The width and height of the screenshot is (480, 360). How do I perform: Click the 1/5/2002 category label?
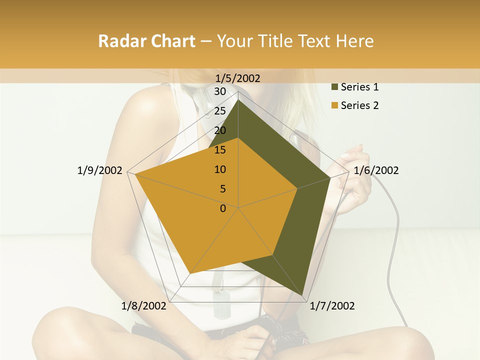pyautogui.click(x=238, y=78)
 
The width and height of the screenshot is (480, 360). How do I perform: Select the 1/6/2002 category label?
pyautogui.click(x=376, y=170)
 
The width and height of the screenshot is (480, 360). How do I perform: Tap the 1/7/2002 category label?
pyautogui.click(x=332, y=306)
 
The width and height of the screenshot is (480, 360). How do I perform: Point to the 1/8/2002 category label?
pyautogui.click(x=144, y=306)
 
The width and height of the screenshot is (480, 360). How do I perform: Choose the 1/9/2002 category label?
pyautogui.click(x=100, y=170)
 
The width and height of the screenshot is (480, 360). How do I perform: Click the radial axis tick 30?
pyautogui.click(x=220, y=91)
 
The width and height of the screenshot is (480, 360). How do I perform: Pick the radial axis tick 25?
pyautogui.click(x=220, y=111)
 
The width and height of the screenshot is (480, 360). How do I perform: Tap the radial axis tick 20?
pyautogui.click(x=220, y=130)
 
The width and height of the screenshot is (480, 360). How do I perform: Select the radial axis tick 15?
pyautogui.click(x=220, y=150)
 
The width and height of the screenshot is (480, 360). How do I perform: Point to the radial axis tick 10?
pyautogui.click(x=220, y=169)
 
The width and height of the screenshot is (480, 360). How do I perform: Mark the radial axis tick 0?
pyautogui.click(x=223, y=208)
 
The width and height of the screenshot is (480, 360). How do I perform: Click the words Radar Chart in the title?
pyautogui.click(x=146, y=41)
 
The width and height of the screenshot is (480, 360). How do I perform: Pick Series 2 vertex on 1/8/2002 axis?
pyautogui.click(x=190, y=273)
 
